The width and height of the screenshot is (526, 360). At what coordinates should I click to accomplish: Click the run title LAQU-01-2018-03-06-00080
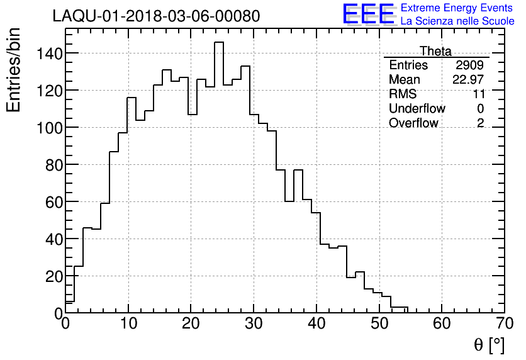[x=156, y=16]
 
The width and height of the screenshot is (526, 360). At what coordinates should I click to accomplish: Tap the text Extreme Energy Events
[x=457, y=8]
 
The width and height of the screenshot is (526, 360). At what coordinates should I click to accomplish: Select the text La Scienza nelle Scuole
[x=457, y=21]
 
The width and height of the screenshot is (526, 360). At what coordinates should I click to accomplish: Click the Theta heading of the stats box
[x=435, y=51]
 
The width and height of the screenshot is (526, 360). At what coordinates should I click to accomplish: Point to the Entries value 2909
[x=470, y=65]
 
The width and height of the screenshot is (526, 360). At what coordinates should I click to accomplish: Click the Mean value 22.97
[x=468, y=80]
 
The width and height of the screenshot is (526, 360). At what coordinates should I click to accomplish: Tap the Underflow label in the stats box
[x=417, y=109]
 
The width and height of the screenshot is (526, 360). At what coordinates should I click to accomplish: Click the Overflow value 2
[x=480, y=123]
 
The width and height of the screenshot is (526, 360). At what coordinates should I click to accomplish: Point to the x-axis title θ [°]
[x=489, y=345]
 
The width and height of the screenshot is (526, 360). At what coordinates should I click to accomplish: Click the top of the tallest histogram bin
[x=218, y=43]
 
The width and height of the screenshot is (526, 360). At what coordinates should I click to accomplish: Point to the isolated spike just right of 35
[x=298, y=171]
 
